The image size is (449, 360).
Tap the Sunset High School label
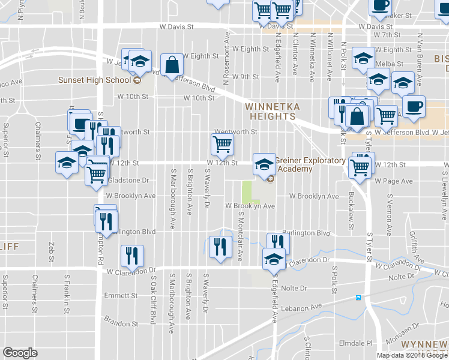(94, 80)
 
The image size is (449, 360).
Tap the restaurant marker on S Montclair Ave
(219, 246)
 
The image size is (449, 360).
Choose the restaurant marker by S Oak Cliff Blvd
(131, 256)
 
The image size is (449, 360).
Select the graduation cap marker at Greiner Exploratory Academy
(263, 164)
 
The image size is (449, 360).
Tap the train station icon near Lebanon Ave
(358, 297)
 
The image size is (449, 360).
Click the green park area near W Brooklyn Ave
(247, 191)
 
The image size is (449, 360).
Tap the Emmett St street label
(121, 296)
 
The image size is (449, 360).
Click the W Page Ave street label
(393, 181)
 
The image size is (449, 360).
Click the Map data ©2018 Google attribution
(412, 355)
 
